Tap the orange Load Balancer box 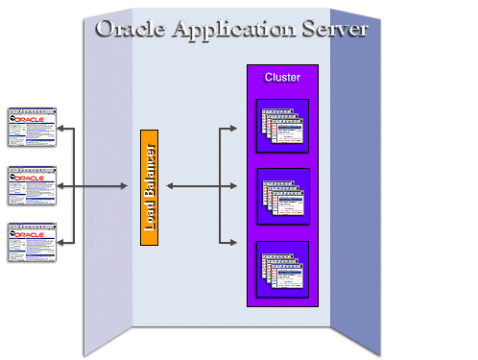(149, 186)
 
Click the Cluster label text (282, 77)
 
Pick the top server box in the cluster (283, 126)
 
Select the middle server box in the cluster (283, 196)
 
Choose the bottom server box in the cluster (283, 268)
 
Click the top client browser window (32, 127)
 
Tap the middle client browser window (32, 185)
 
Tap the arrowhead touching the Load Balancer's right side (162, 185)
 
